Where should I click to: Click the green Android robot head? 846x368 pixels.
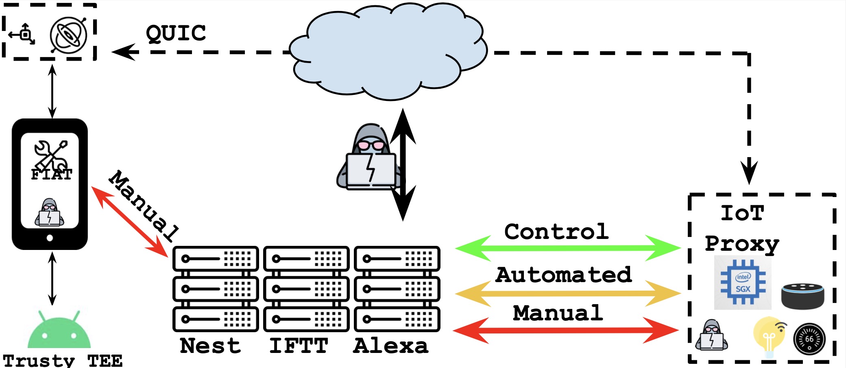click(59, 331)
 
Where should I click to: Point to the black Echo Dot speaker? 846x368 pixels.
click(802, 296)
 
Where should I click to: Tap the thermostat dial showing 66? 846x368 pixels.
click(809, 339)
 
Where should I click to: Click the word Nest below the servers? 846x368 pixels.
click(210, 346)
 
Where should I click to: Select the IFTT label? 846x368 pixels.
click(299, 346)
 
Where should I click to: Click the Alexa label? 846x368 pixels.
click(390, 346)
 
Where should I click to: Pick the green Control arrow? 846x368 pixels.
click(567, 248)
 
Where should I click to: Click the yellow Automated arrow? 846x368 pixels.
click(567, 293)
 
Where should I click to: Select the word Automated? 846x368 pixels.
click(563, 275)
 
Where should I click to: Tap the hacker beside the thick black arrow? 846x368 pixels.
click(368, 159)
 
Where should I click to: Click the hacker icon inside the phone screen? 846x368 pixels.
click(49, 212)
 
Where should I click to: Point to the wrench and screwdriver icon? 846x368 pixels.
click(51, 155)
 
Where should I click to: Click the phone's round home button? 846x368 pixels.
click(50, 238)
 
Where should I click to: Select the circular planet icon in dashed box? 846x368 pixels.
click(68, 35)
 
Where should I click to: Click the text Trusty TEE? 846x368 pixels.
click(62, 361)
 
